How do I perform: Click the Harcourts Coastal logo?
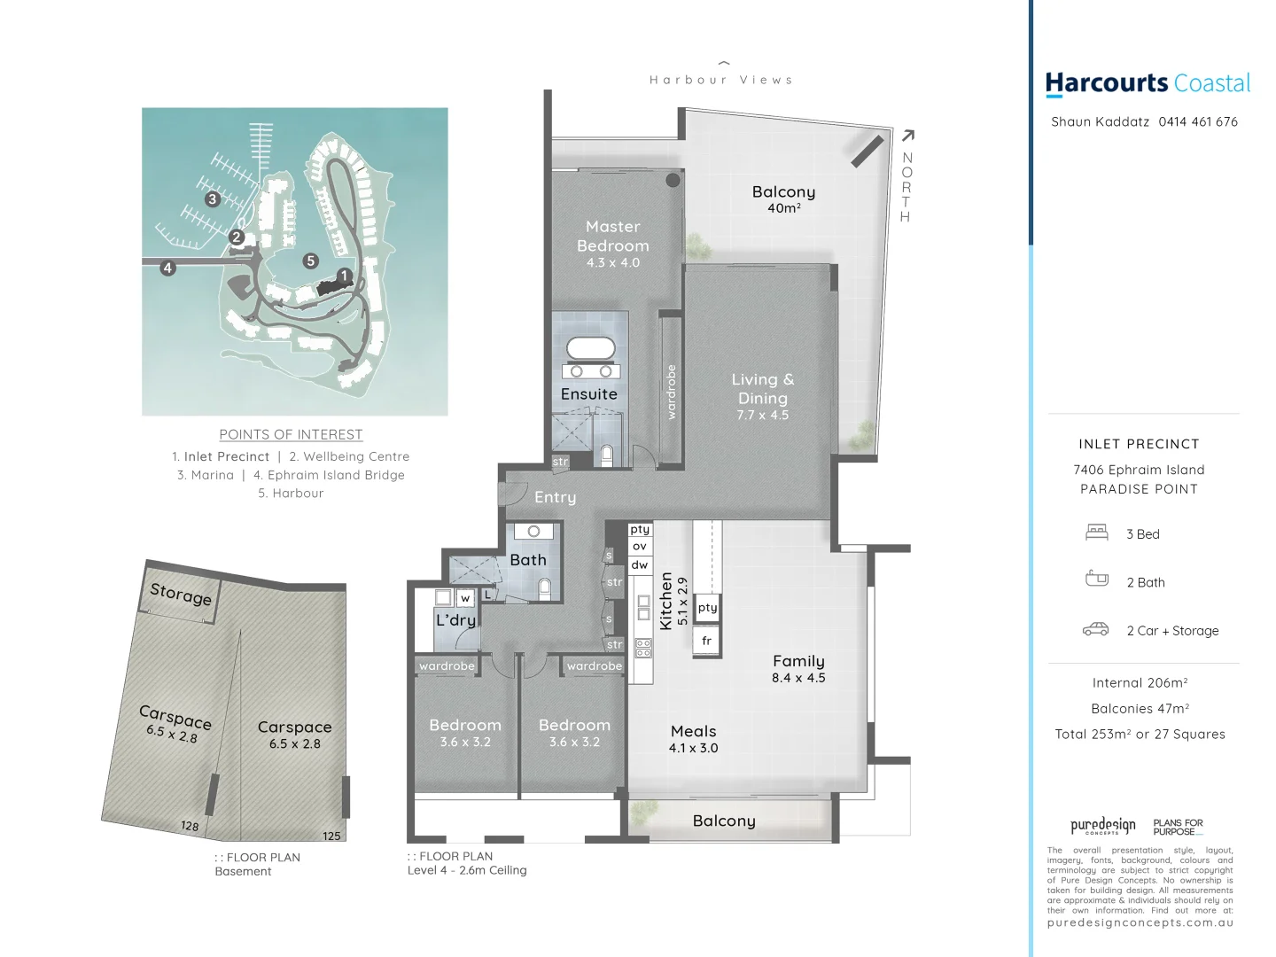pos(1148,83)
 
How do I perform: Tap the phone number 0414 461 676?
pos(1198,121)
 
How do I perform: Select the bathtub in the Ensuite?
pos(589,348)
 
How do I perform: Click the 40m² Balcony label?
pos(783,198)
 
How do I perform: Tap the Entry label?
pos(555,497)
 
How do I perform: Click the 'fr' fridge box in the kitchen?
pos(706,641)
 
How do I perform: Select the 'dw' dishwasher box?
pos(640,564)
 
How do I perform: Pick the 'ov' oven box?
pos(640,547)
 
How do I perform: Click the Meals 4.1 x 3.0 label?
pos(693,738)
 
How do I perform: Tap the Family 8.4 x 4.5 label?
pos(798,668)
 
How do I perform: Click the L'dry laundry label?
pos(455,619)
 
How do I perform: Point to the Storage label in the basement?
pos(181,594)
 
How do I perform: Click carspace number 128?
pos(190,826)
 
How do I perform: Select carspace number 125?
pos(331,836)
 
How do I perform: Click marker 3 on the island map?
pos(212,199)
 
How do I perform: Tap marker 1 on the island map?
pos(344,276)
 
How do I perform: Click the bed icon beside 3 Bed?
pos(1097,533)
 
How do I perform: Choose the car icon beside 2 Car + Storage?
pos(1096,629)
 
